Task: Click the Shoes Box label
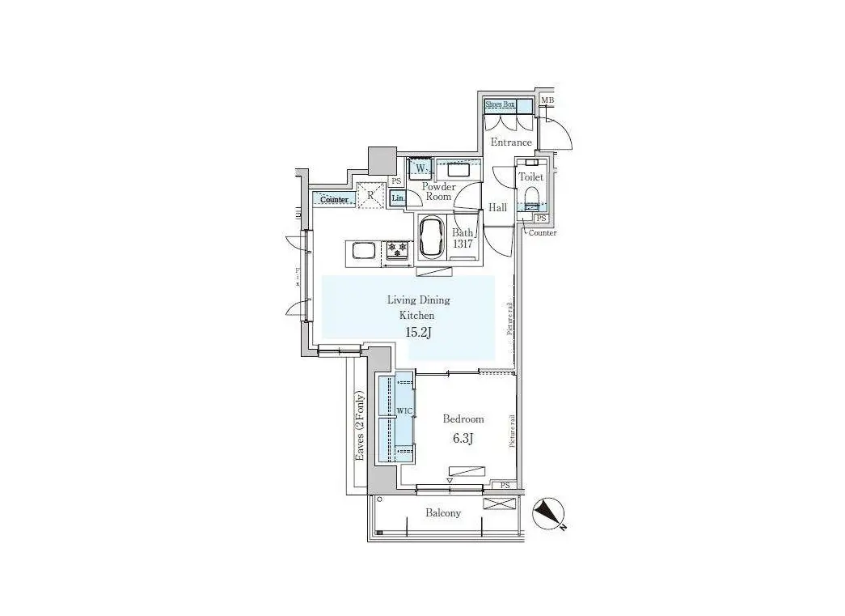(x=500, y=104)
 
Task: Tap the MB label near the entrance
(x=547, y=100)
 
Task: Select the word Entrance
(x=511, y=142)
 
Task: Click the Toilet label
(x=530, y=176)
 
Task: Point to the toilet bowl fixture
(x=532, y=198)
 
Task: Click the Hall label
(x=497, y=208)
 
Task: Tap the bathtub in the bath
(x=431, y=236)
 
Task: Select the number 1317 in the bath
(x=462, y=244)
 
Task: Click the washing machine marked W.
(x=420, y=169)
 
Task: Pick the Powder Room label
(x=438, y=191)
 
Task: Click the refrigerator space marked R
(x=371, y=195)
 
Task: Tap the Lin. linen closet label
(x=397, y=198)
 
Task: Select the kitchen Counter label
(x=334, y=199)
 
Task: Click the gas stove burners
(x=398, y=251)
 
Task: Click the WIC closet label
(x=404, y=412)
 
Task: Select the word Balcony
(x=443, y=512)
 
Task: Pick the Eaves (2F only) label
(x=361, y=427)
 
